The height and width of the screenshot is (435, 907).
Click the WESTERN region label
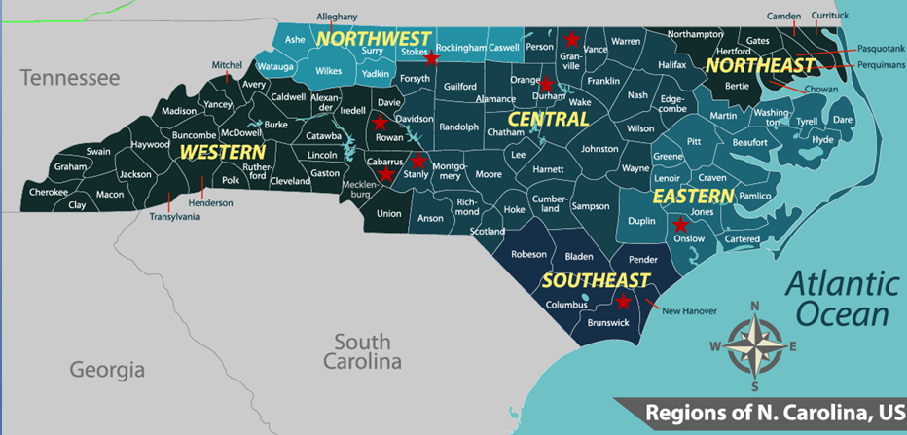[x=222, y=153]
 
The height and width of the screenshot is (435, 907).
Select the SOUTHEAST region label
[x=596, y=281]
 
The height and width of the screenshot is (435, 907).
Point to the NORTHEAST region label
[x=760, y=65]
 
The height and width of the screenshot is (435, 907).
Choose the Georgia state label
[x=107, y=370]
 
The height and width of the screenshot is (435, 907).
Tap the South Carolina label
[x=362, y=351]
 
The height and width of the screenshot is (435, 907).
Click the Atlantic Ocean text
[x=843, y=300]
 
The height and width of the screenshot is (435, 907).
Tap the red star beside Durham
[x=547, y=84]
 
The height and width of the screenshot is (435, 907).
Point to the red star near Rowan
[x=380, y=124]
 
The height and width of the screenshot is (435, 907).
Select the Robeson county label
[x=529, y=254]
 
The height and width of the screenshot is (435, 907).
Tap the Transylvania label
[x=174, y=217]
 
